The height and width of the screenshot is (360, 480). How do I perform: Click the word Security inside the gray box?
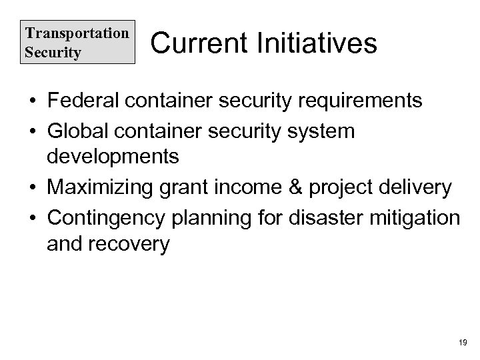(51, 51)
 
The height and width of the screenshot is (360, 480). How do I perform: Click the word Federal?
(83, 101)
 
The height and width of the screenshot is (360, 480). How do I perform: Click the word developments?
(113, 157)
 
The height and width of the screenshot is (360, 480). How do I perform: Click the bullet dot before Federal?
(32, 102)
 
